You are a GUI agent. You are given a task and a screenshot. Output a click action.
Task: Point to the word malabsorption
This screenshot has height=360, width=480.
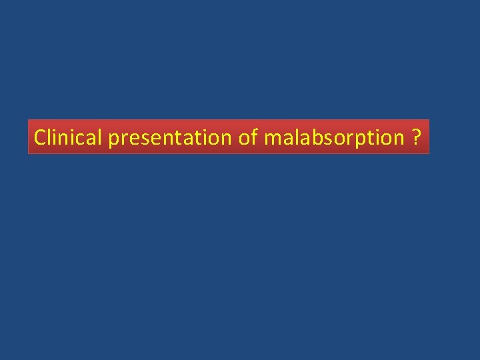tap(334, 138)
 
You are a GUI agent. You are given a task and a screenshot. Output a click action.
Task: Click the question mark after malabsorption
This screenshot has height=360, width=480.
tap(416, 137)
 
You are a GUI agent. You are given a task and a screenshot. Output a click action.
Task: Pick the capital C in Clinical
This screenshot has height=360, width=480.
tap(39, 137)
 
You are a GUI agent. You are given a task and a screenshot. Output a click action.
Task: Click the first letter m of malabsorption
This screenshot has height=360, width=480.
tap(272, 139)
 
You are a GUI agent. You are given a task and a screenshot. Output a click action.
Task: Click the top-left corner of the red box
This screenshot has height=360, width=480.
tap(28, 120)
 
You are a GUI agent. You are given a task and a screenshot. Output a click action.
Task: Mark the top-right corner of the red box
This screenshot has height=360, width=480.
tap(429, 120)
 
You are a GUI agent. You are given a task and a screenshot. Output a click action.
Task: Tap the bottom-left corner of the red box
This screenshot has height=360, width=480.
tap(28, 154)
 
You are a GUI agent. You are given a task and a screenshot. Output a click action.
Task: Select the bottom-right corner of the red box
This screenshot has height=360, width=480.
tap(429, 154)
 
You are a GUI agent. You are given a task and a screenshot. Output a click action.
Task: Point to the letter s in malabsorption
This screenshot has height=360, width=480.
tap(325, 139)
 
